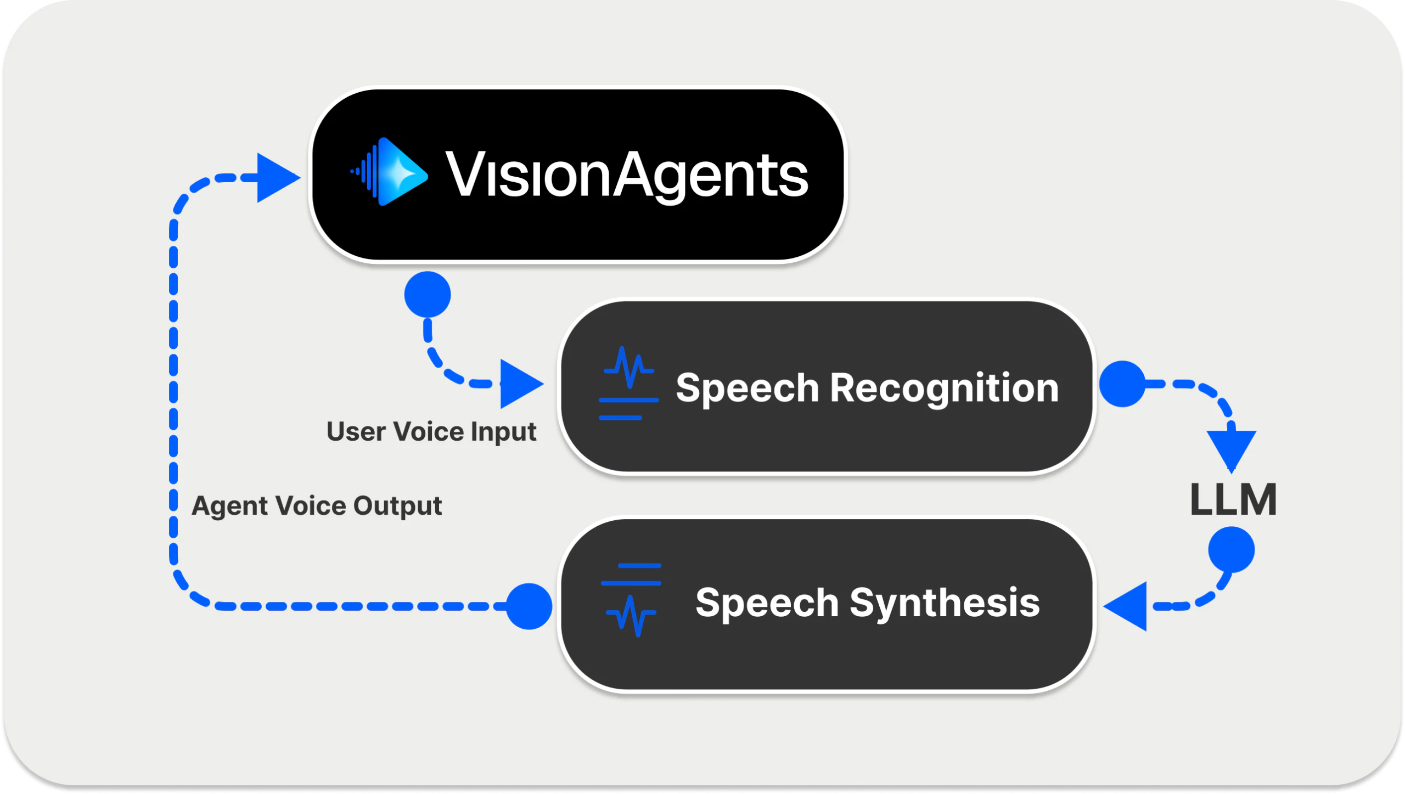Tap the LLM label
pos(1233,500)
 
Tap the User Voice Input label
pos(431,431)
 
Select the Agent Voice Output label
pos(316,505)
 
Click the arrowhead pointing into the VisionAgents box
pos(276,178)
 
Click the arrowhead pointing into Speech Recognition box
pos(519,384)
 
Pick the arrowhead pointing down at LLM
pos(1231,449)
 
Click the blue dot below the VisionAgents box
pos(428,295)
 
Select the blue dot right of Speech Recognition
pos(1122,384)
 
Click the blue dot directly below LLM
pos(1231,550)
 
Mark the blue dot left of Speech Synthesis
pos(529,606)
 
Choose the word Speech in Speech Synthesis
pos(767,602)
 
